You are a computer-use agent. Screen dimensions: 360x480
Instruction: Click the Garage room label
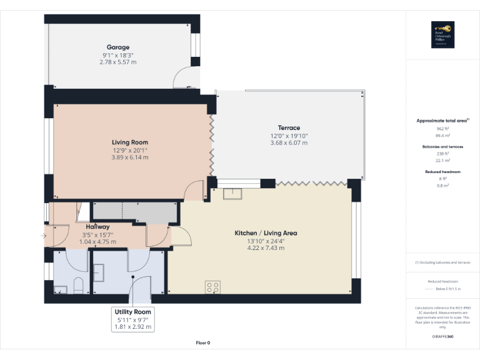117,47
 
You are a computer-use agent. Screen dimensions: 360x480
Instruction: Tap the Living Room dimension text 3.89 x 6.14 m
130,157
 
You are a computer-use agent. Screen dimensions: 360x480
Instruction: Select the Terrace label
289,128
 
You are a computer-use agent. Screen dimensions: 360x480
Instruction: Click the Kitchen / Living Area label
266,233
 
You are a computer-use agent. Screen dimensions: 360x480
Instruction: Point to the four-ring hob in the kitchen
213,287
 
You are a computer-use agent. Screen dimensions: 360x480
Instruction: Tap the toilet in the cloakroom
79,286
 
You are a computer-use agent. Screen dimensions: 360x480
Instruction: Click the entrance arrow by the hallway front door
42,236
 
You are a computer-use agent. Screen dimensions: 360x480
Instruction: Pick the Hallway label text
97,227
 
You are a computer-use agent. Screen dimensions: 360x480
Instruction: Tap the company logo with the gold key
442,34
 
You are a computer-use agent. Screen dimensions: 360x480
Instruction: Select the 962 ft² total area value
442,128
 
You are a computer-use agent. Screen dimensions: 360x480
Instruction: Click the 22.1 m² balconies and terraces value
442,160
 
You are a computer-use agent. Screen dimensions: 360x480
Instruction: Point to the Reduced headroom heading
442,171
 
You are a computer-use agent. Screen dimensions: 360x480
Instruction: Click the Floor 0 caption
203,342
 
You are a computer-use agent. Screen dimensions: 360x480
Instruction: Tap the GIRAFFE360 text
442,336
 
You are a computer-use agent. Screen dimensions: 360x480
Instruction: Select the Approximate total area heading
441,120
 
